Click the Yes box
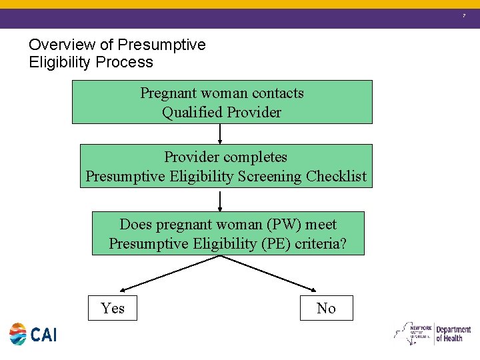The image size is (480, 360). (113, 308)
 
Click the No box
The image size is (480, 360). (326, 308)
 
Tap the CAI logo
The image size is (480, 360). (33, 334)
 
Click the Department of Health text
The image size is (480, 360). (453, 334)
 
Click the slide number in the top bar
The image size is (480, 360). (465, 15)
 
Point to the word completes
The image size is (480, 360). (254, 157)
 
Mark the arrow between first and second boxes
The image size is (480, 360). (220, 133)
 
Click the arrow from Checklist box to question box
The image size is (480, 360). (220, 200)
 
